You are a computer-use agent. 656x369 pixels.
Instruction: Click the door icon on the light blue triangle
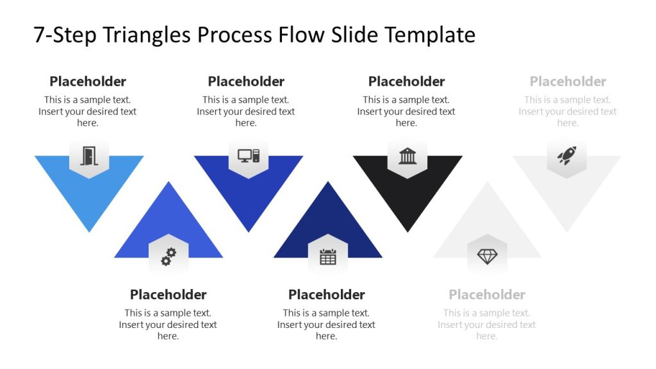point(88,156)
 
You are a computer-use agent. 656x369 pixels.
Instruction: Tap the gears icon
point(168,257)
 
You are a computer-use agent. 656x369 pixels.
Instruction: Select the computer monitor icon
point(248,156)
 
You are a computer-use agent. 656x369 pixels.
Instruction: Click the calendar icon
point(327,257)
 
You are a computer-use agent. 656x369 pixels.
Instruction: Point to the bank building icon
point(407,156)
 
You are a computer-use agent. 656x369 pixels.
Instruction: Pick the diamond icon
point(487,257)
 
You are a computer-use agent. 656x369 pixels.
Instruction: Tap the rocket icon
point(566,156)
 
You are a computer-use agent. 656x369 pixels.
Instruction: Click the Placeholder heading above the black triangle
point(406,81)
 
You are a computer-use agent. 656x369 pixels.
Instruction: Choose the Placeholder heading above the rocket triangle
point(568,81)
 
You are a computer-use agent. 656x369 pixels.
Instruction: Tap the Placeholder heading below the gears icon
point(168,295)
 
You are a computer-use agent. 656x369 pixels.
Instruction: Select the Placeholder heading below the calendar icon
point(326,295)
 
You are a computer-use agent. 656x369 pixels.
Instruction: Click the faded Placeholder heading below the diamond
point(487,295)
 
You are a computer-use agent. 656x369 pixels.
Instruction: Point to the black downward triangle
point(407,199)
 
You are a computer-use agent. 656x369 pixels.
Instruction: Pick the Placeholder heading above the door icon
point(88,81)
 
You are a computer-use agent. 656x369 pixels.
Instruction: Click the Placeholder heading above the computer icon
point(246,81)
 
